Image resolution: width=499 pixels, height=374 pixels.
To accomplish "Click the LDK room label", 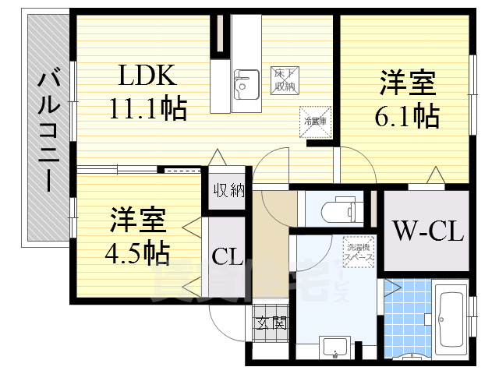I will pos(148,76).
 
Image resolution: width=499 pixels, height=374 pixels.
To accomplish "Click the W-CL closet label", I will pos(427,231).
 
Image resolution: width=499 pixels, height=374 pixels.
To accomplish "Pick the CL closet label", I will pos(226,256).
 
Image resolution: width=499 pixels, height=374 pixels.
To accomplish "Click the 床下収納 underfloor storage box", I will pos(282,79).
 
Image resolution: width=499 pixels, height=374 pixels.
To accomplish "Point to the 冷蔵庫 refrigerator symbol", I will pos(314,122).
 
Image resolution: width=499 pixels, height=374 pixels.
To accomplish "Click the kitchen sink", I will pos(247,81).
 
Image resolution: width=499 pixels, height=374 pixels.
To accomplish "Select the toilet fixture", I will pos(336,210).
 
